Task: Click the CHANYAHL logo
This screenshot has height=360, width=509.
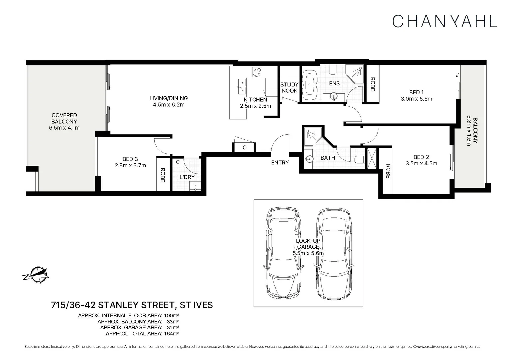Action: pyautogui.click(x=444, y=21)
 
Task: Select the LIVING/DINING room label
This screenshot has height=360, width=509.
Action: pyautogui.click(x=168, y=98)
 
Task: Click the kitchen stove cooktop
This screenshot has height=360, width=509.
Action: pyautogui.click(x=257, y=72)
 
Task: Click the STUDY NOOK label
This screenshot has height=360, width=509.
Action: pyautogui.click(x=289, y=88)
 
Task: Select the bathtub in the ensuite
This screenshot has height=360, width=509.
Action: pyautogui.click(x=310, y=84)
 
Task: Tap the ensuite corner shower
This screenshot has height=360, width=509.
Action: pyautogui.click(x=355, y=74)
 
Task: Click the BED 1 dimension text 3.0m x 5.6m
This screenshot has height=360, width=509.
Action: pyautogui.click(x=416, y=99)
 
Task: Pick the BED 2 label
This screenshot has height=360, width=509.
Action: pyautogui.click(x=421, y=157)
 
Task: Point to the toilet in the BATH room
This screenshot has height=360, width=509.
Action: pyautogui.click(x=359, y=160)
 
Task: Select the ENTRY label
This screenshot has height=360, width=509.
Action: pyautogui.click(x=280, y=162)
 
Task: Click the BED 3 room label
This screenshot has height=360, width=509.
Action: pyautogui.click(x=130, y=159)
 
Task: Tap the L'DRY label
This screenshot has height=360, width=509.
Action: pyautogui.click(x=187, y=177)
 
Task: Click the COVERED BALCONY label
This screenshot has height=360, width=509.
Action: pyautogui.click(x=64, y=118)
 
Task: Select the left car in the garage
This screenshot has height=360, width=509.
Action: pyautogui.click(x=283, y=253)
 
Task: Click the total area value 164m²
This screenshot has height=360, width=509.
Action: pyautogui.click(x=171, y=333)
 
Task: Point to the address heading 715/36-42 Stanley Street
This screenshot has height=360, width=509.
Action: pyautogui.click(x=132, y=305)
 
